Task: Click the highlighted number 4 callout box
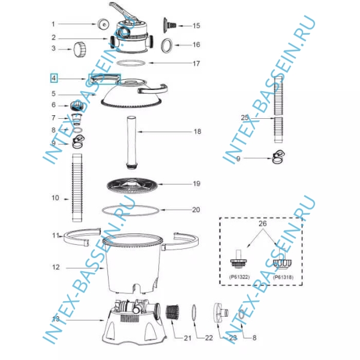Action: (x=54, y=78)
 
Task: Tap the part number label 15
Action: (x=196, y=26)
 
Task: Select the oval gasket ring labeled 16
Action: (x=167, y=46)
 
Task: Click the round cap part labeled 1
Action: (x=103, y=23)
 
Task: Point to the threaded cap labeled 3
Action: (x=80, y=49)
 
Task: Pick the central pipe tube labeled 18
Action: (x=132, y=142)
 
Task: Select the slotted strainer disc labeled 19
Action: (x=132, y=185)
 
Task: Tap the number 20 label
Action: (x=196, y=210)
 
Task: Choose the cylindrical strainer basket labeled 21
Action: (x=172, y=313)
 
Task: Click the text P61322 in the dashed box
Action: (x=239, y=277)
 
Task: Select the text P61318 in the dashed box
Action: (x=283, y=277)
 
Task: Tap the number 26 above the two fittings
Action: (x=263, y=223)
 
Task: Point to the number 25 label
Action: (x=245, y=118)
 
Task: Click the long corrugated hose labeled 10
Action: (x=77, y=188)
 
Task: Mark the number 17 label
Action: (x=196, y=64)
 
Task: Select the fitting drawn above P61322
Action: (x=239, y=259)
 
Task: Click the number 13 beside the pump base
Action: (x=56, y=319)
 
